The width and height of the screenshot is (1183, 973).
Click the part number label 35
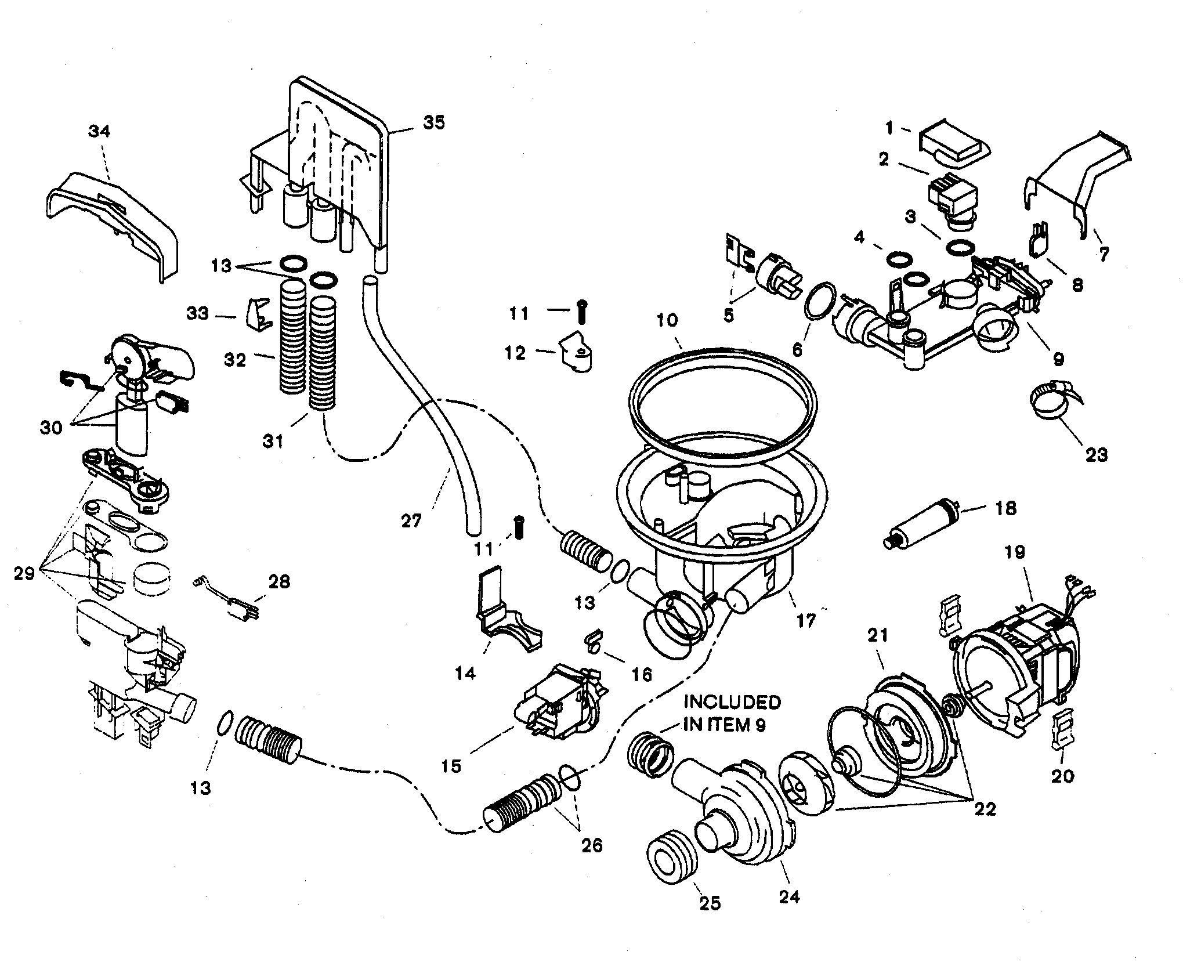435,122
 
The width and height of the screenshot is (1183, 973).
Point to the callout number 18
1005,509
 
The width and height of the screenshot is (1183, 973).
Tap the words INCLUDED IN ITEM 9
732,714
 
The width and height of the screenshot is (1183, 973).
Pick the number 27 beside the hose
411,521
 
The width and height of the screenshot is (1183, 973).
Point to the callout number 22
985,808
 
